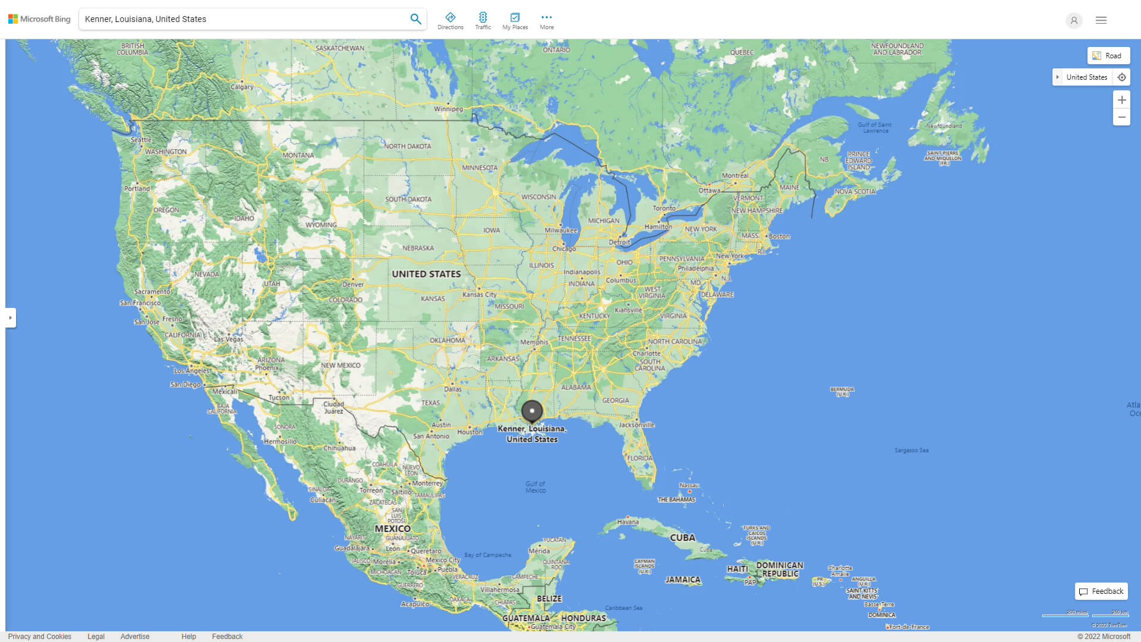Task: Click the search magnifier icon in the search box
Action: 415,19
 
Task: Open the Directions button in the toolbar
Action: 450,21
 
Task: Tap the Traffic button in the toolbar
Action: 483,21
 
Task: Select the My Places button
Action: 515,21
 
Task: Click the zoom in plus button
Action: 1121,100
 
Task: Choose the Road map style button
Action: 1108,56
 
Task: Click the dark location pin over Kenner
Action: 532,411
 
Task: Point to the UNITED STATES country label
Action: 426,274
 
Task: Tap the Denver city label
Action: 353,284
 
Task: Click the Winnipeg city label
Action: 448,109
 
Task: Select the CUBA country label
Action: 683,537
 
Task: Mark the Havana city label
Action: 628,522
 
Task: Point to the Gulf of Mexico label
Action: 535,487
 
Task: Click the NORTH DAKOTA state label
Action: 408,146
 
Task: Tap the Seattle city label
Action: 141,140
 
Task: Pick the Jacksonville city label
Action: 636,425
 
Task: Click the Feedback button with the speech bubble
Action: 1101,591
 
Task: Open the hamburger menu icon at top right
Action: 1101,20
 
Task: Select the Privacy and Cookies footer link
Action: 40,637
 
